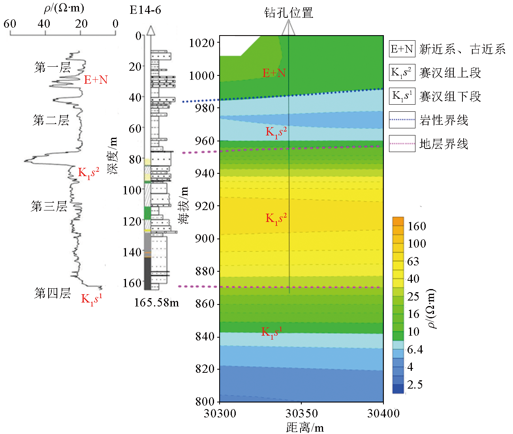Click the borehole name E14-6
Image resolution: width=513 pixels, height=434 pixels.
coord(145,9)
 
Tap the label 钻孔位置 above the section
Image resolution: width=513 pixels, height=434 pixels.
coord(288,13)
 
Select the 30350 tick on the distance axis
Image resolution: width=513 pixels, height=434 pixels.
coord(301,413)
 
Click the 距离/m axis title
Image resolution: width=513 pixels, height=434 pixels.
coord(304,427)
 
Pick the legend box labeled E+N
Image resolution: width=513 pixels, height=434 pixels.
coord(402,49)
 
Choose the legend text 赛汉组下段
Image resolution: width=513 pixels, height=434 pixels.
coord(450,97)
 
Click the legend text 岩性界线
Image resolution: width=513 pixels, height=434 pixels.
coord(443,120)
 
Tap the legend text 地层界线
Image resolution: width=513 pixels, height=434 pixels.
coord(443,144)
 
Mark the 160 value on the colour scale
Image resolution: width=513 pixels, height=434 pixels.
coord(417,226)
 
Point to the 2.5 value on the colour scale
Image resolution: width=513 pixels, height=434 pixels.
coord(415,385)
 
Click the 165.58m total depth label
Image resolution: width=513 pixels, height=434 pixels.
coord(156,302)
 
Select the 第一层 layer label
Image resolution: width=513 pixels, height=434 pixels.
coord(52,67)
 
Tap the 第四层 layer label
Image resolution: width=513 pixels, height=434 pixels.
coord(52,293)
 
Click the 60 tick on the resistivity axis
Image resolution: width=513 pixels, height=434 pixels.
coord(10,24)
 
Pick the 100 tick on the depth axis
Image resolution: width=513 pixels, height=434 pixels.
coord(132,190)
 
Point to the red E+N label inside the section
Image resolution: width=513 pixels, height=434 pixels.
coord(274,73)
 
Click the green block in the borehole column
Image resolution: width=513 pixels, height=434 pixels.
coord(147,212)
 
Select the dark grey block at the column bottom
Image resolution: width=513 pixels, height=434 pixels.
coord(147,273)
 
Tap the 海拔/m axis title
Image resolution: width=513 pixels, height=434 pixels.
coord(184,205)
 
